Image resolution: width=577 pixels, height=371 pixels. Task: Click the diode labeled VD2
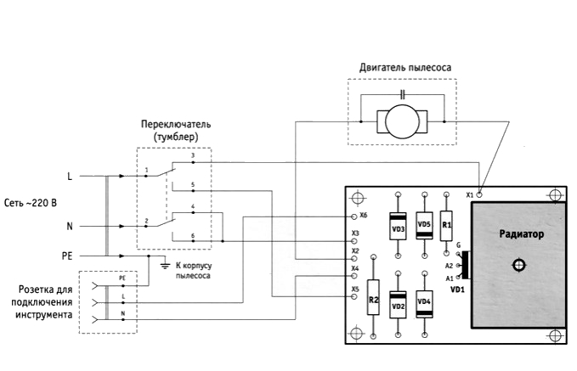398,303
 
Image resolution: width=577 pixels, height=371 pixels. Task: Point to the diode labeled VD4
425,302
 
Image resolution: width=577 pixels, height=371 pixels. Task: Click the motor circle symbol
404,121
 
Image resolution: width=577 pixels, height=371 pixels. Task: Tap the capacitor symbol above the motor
404,92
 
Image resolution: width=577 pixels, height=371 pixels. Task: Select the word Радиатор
521,234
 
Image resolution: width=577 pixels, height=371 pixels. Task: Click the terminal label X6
365,216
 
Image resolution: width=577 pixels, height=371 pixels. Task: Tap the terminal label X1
469,195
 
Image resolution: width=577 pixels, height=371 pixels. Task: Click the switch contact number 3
194,156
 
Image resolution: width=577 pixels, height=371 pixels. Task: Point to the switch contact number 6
194,234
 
